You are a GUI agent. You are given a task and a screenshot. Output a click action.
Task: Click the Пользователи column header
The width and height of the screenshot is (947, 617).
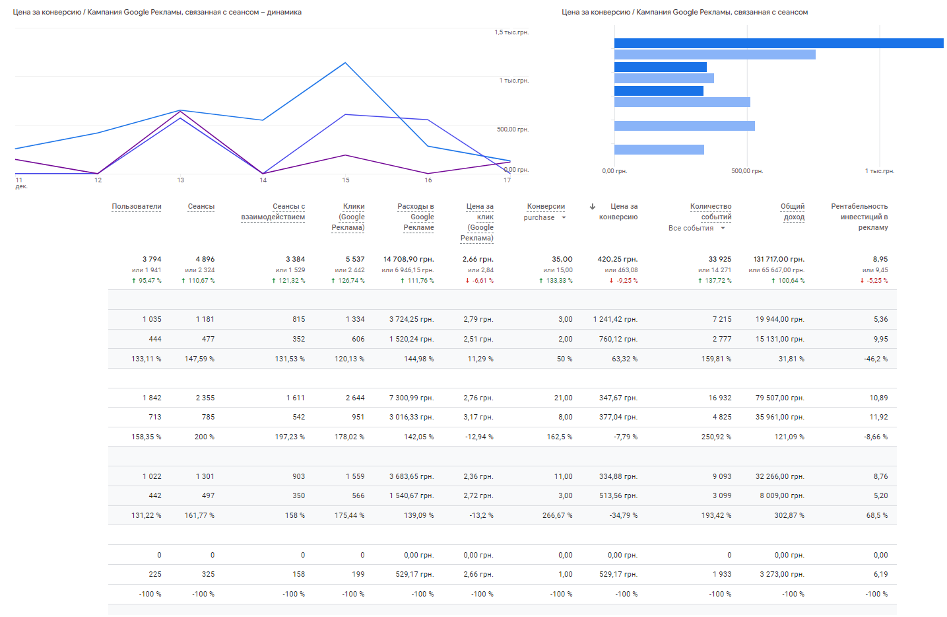point(136,207)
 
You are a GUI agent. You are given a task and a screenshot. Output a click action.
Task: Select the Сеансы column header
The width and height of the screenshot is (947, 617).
point(201,207)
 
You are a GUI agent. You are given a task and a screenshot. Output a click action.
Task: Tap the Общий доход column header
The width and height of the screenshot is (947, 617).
point(793,211)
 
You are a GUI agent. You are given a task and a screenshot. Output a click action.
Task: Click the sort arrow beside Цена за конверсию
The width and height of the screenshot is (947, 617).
point(593,207)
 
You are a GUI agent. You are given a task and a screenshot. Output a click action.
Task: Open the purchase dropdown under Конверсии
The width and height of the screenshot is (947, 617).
point(564,217)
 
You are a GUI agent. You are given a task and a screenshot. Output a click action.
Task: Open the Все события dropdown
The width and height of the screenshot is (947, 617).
point(723,228)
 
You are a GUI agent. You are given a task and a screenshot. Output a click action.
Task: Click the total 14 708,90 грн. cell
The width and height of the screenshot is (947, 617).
point(408,259)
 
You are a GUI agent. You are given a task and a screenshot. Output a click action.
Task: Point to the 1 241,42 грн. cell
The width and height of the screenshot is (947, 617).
point(615,319)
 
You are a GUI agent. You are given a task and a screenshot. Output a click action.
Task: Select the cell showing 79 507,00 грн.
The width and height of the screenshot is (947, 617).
point(779,398)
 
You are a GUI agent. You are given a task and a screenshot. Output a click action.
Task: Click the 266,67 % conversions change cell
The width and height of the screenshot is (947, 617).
point(557,515)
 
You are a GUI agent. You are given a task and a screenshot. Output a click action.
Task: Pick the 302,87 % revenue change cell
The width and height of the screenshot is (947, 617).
point(789,515)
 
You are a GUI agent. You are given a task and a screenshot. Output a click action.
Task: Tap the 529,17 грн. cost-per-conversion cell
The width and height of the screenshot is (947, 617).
point(618,574)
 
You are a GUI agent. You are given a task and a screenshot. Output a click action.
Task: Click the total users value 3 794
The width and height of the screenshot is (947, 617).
point(151,259)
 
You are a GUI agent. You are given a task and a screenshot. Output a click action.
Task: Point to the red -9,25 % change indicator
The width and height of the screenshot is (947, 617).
point(624,281)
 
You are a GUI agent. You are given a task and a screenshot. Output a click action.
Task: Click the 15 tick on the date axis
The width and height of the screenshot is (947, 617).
point(345,180)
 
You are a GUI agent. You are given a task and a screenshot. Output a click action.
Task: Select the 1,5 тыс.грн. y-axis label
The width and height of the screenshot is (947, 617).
point(511,32)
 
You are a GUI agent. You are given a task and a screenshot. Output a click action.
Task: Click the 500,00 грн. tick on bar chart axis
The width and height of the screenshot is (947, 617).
point(747,171)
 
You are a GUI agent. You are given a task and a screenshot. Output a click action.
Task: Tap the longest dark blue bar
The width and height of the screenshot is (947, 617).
point(779,43)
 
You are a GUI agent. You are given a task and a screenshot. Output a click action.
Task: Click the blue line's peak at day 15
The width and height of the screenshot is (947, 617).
point(345,63)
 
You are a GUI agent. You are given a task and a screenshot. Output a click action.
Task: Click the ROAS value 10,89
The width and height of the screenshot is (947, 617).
point(878,398)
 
